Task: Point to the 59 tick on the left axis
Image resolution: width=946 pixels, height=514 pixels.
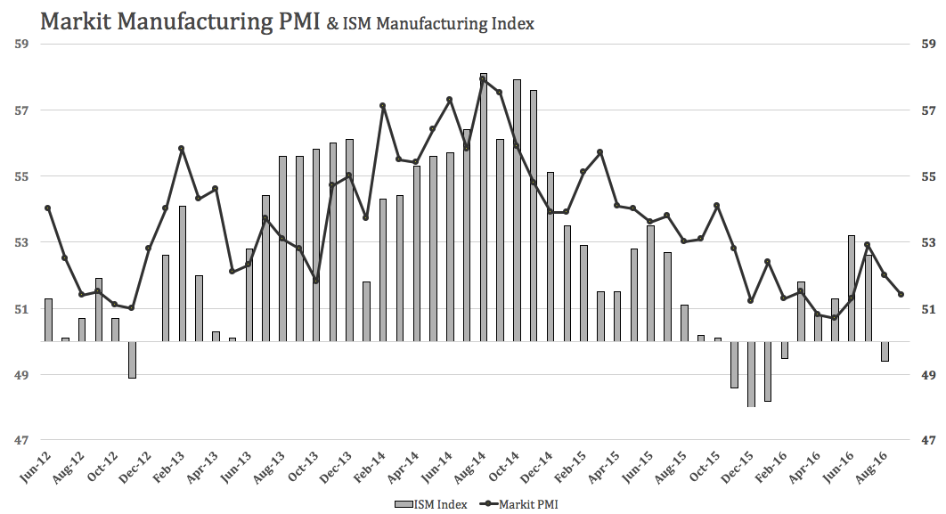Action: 22,44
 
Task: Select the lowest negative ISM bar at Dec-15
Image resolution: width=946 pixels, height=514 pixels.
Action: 751,374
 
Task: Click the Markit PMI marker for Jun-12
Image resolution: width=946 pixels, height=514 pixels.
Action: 48,208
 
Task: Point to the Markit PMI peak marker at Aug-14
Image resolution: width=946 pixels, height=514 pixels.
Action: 483,79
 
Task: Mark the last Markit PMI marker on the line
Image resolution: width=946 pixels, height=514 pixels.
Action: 901,294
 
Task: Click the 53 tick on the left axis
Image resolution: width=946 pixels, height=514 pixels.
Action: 22,242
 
